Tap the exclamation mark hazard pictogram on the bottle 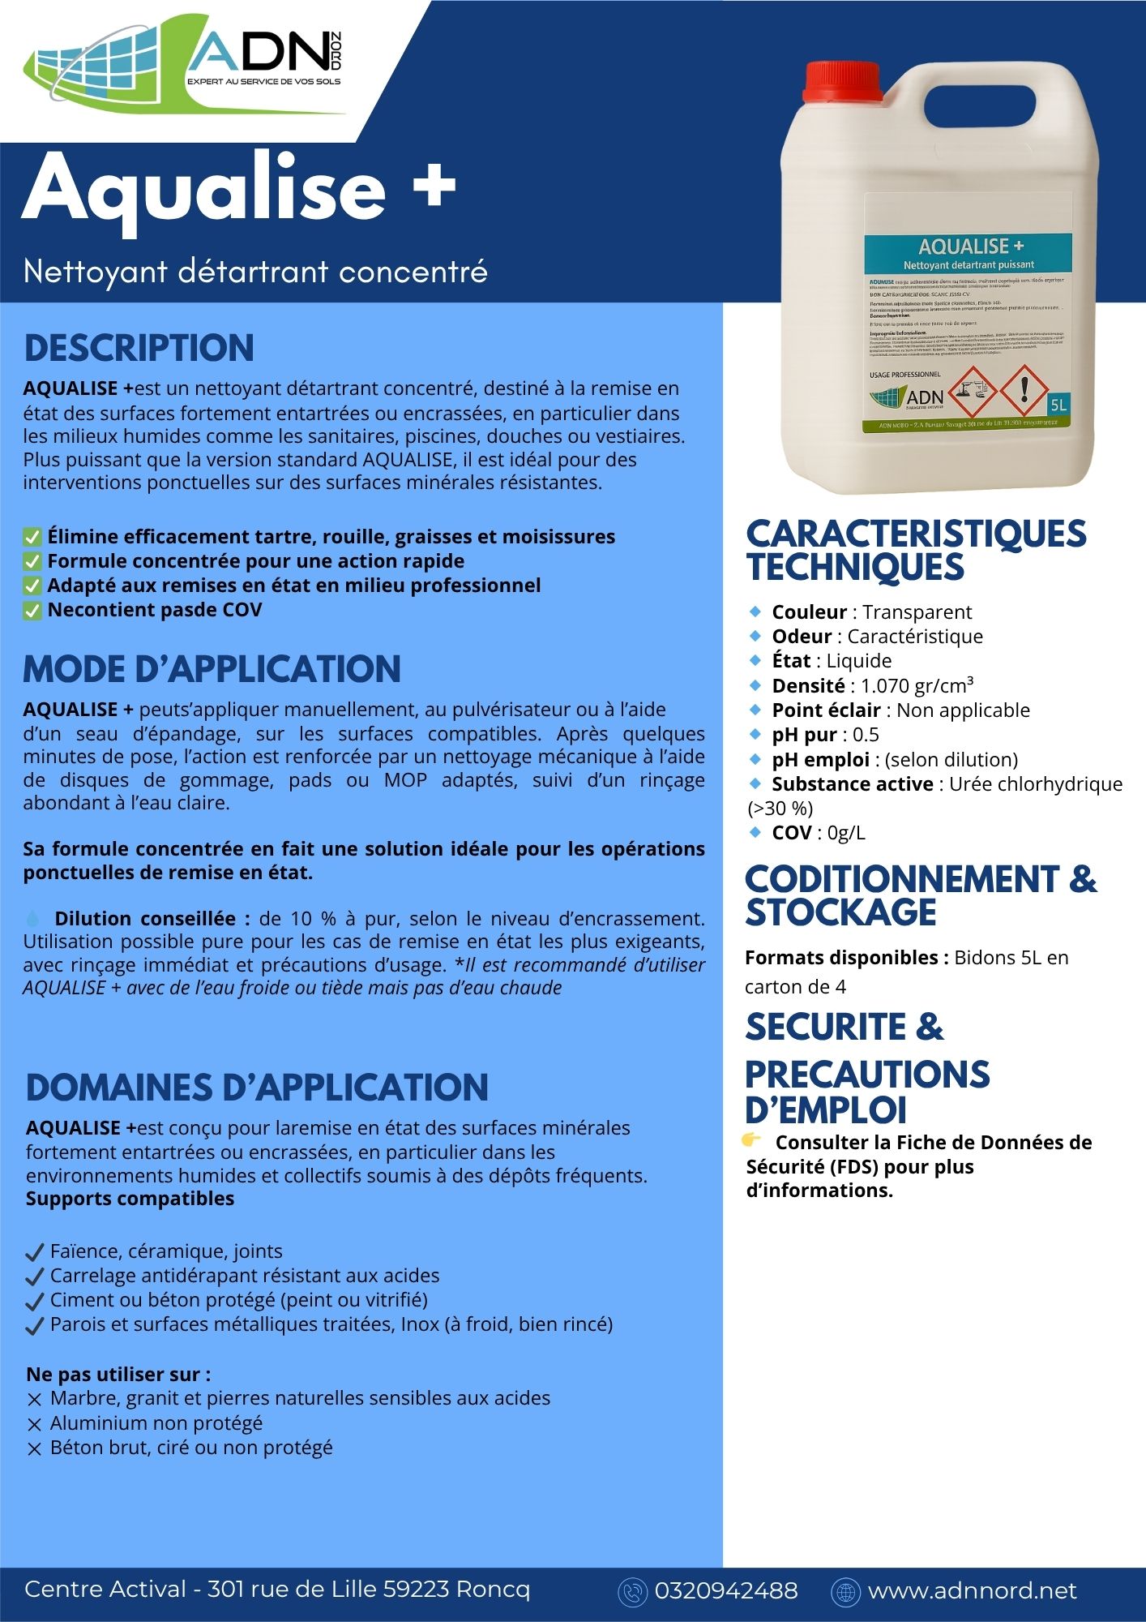pyautogui.click(x=1024, y=389)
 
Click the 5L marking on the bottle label pyautogui.click(x=1058, y=404)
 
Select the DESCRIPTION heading pyautogui.click(x=139, y=348)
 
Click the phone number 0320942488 pyautogui.click(x=725, y=1590)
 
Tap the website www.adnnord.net pyautogui.click(x=972, y=1590)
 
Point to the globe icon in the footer pyautogui.click(x=845, y=1591)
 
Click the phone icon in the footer pyautogui.click(x=631, y=1591)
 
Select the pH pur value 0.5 pyautogui.click(x=866, y=735)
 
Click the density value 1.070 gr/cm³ pyautogui.click(x=917, y=686)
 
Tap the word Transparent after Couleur pyautogui.click(x=917, y=612)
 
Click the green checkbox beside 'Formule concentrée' pyautogui.click(x=32, y=561)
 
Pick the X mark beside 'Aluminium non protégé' pyautogui.click(x=34, y=1425)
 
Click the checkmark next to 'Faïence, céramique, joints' pyautogui.click(x=35, y=1253)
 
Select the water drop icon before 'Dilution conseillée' pyautogui.click(x=33, y=919)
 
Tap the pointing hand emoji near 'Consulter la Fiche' pyautogui.click(x=751, y=1140)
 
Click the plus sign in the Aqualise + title pyautogui.click(x=434, y=187)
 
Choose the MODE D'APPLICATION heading pyautogui.click(x=212, y=669)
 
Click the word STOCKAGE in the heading pyautogui.click(x=840, y=912)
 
